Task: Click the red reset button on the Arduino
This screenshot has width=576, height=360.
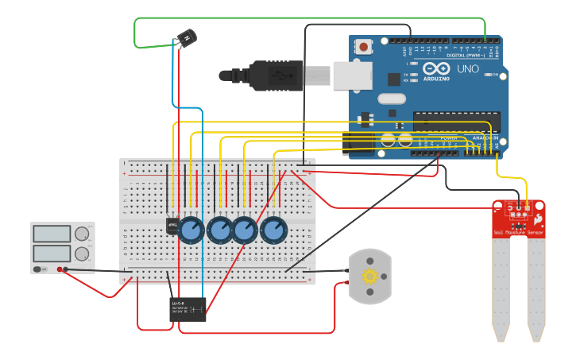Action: coord(363,47)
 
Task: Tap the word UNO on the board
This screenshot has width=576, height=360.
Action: coord(468,69)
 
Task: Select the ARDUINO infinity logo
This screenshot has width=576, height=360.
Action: coord(436,68)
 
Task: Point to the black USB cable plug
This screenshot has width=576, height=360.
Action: coord(274,76)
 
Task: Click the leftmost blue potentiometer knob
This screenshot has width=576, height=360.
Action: coord(191,230)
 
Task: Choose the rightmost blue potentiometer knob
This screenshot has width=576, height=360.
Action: coord(273,230)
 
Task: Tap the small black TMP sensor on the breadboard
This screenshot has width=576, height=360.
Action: coord(172,226)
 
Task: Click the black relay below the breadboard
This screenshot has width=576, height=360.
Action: coord(189,309)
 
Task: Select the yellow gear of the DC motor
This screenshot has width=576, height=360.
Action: coord(369,277)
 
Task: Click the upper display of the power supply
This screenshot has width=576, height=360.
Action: coord(52,234)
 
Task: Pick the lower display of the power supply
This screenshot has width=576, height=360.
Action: coord(52,254)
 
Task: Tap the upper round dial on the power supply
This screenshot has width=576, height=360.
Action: coord(81,234)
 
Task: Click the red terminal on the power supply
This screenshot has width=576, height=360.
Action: coord(60,270)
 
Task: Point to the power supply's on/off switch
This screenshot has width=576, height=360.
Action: coord(37,270)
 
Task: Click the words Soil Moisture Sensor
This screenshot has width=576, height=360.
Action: coord(518,233)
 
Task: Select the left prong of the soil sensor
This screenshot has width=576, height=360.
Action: coord(501,286)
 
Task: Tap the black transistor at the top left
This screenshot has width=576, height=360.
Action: coord(186,38)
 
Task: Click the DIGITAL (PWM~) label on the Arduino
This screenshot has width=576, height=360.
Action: coord(470,55)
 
